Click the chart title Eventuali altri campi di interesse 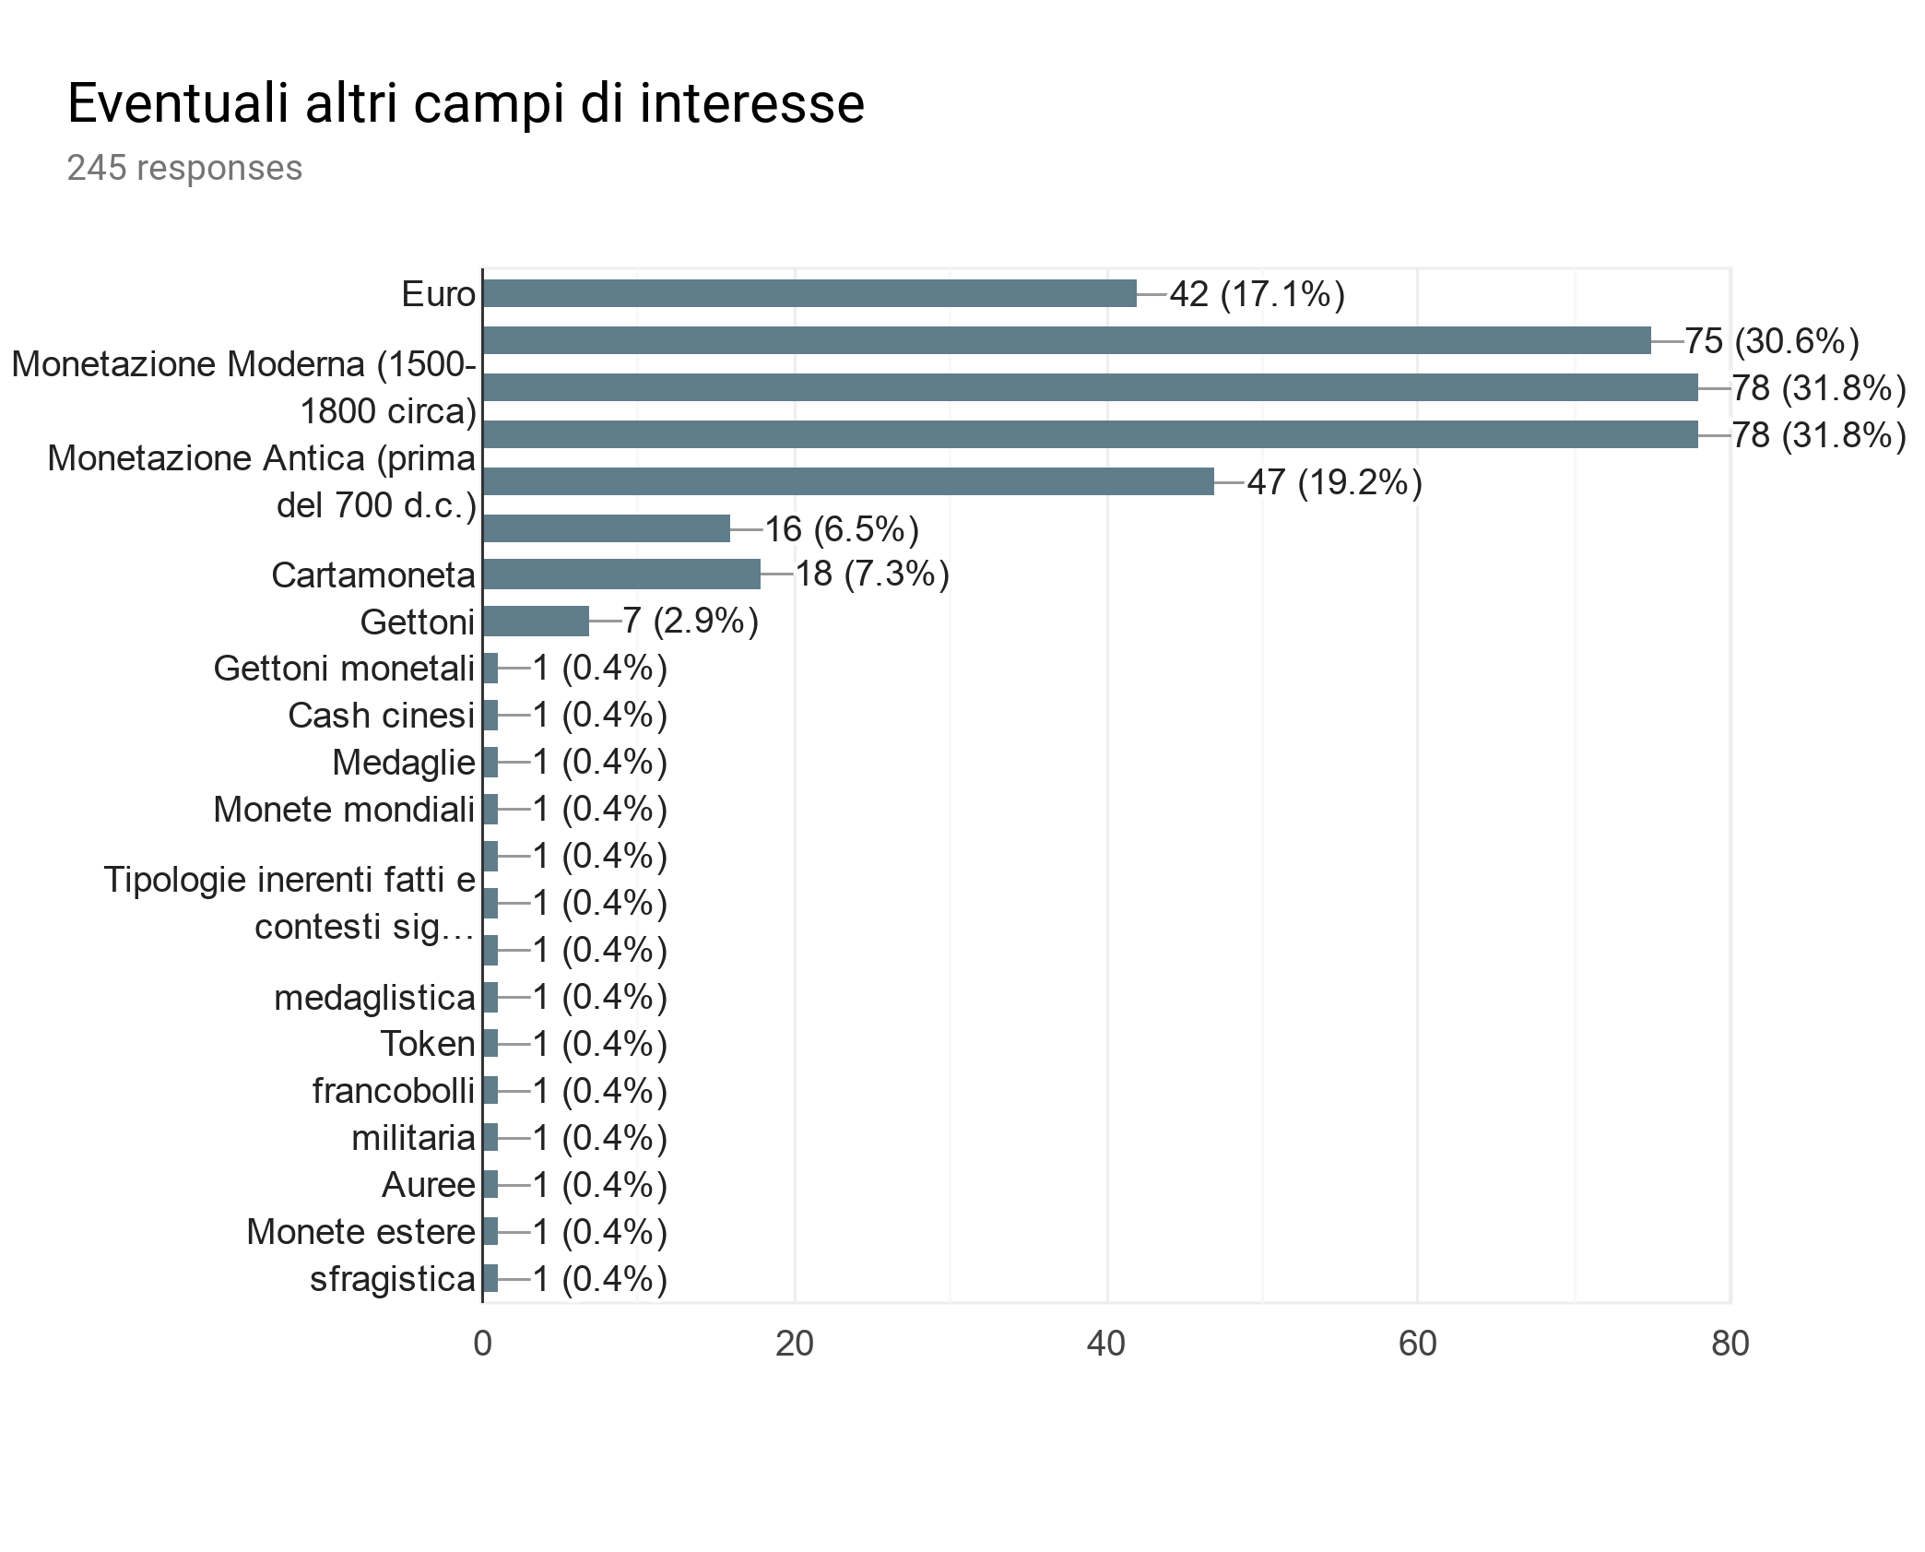[x=466, y=102]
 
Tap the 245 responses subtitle [x=184, y=168]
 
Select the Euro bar [x=809, y=293]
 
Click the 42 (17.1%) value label [x=1257, y=294]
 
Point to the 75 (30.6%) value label [x=1771, y=341]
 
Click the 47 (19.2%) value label [x=1334, y=482]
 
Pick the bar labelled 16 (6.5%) [x=606, y=528]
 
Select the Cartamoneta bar [x=620, y=574]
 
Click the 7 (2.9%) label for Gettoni [x=690, y=621]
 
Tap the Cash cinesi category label [x=381, y=716]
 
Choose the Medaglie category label [x=403, y=763]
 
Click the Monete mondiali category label [x=344, y=810]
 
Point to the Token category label [x=427, y=1044]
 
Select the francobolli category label [x=393, y=1091]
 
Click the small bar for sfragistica [x=490, y=1278]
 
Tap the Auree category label [x=428, y=1185]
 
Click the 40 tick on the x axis [x=1105, y=1344]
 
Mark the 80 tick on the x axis [x=1730, y=1344]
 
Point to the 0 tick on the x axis [x=482, y=1344]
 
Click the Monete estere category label [x=360, y=1232]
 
